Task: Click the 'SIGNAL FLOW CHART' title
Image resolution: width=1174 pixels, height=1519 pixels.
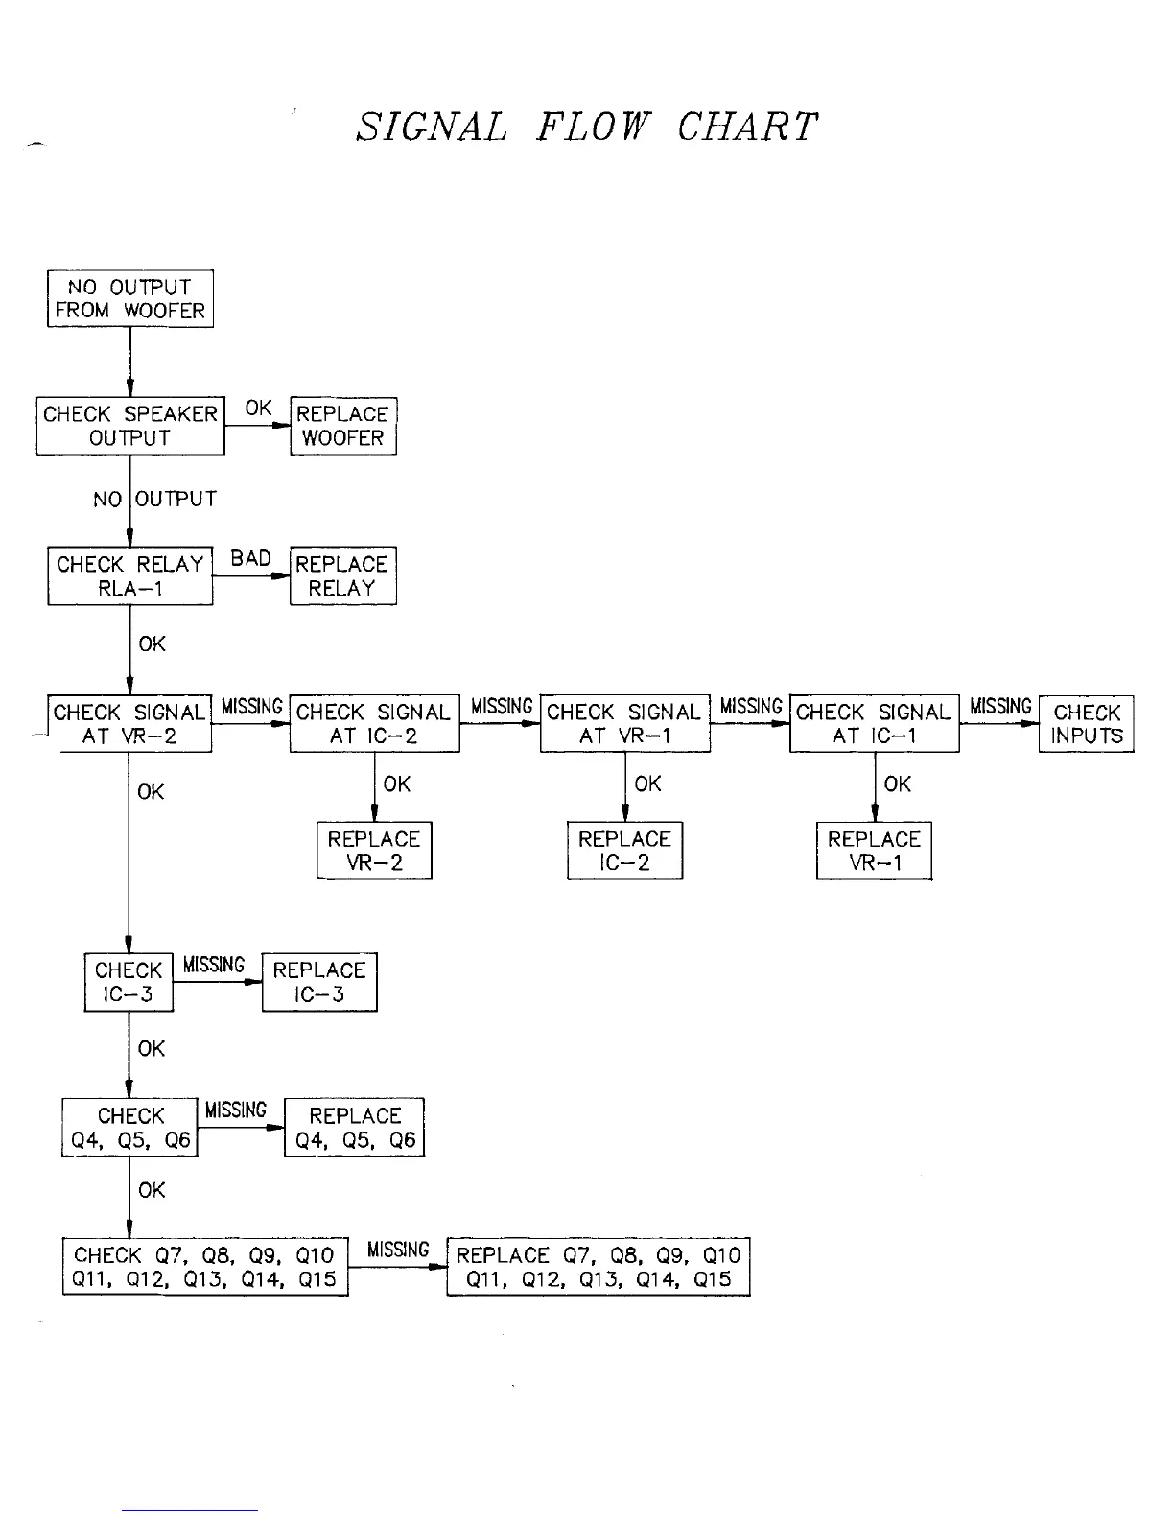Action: point(586,128)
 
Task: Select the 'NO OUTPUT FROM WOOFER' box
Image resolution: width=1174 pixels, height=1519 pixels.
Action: point(130,299)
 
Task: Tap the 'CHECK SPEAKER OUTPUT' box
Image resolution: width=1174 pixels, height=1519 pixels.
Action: point(130,426)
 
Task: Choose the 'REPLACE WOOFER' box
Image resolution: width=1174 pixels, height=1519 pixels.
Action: point(342,426)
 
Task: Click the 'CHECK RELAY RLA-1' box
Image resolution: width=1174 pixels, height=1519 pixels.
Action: point(130,576)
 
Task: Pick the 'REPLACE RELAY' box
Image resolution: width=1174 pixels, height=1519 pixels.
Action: point(342,576)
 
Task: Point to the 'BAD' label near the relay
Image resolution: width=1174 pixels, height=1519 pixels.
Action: point(250,558)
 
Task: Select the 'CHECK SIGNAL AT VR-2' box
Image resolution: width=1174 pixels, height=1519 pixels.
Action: point(130,724)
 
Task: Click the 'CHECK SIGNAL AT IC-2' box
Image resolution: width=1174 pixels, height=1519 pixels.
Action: point(374,724)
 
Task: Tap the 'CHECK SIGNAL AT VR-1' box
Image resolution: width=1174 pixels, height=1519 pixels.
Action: point(625,724)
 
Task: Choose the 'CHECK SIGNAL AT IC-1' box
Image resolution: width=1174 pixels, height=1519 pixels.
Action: point(874,724)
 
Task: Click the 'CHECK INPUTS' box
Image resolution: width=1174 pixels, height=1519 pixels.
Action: point(1086,724)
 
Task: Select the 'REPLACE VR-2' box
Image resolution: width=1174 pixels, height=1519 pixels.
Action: point(374,851)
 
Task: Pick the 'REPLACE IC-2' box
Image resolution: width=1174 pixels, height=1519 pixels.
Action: point(624,851)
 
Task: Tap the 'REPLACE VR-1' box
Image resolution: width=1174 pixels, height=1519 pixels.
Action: point(874,851)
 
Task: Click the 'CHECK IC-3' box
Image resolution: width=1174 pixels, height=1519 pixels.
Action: point(129,982)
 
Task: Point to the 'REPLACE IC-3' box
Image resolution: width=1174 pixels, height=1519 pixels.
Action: point(319,982)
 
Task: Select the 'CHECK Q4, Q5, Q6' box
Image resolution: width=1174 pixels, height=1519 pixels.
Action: point(130,1128)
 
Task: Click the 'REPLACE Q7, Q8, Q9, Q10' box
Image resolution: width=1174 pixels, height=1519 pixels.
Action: point(598,1267)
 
